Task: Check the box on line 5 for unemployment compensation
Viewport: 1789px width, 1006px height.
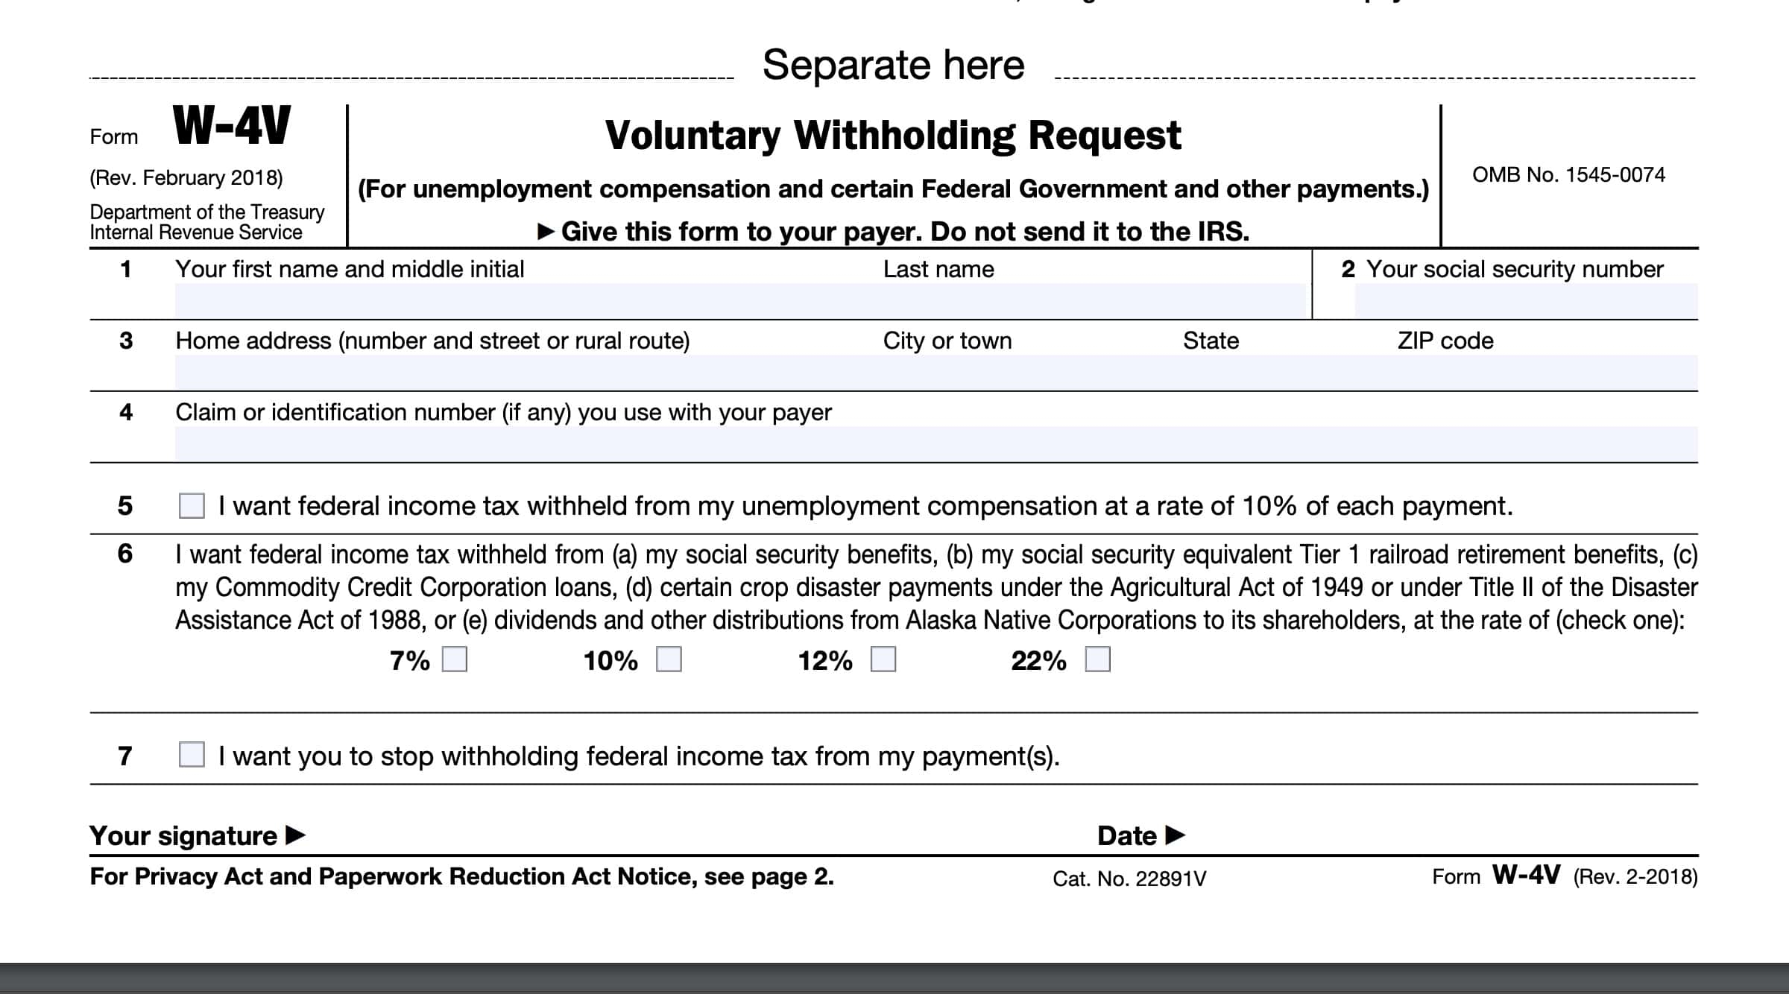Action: click(192, 505)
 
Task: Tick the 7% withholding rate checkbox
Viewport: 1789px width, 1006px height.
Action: click(455, 659)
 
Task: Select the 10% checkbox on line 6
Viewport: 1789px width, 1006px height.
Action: click(669, 659)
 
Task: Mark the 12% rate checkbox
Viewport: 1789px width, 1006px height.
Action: click(883, 659)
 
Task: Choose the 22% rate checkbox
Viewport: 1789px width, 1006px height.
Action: click(1098, 659)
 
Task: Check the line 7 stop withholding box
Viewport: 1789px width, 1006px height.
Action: click(192, 754)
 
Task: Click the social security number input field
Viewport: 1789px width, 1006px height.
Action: click(1525, 301)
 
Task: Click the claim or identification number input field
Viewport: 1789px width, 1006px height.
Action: click(935, 444)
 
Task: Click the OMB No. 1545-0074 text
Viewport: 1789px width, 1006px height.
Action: click(1568, 175)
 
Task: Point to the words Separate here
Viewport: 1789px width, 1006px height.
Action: click(893, 66)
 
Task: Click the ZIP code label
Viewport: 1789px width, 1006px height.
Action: click(1445, 341)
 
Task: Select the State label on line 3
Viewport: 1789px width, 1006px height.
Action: click(1211, 341)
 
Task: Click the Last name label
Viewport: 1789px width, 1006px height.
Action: click(938, 270)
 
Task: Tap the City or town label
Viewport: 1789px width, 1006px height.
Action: click(947, 341)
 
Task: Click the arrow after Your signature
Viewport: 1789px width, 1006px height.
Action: click(296, 835)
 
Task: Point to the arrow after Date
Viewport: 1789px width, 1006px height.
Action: click(1175, 835)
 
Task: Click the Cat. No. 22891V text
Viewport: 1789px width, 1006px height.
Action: click(1129, 879)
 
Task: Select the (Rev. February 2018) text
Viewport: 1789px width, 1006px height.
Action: click(186, 178)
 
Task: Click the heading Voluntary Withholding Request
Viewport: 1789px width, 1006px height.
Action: click(893, 136)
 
